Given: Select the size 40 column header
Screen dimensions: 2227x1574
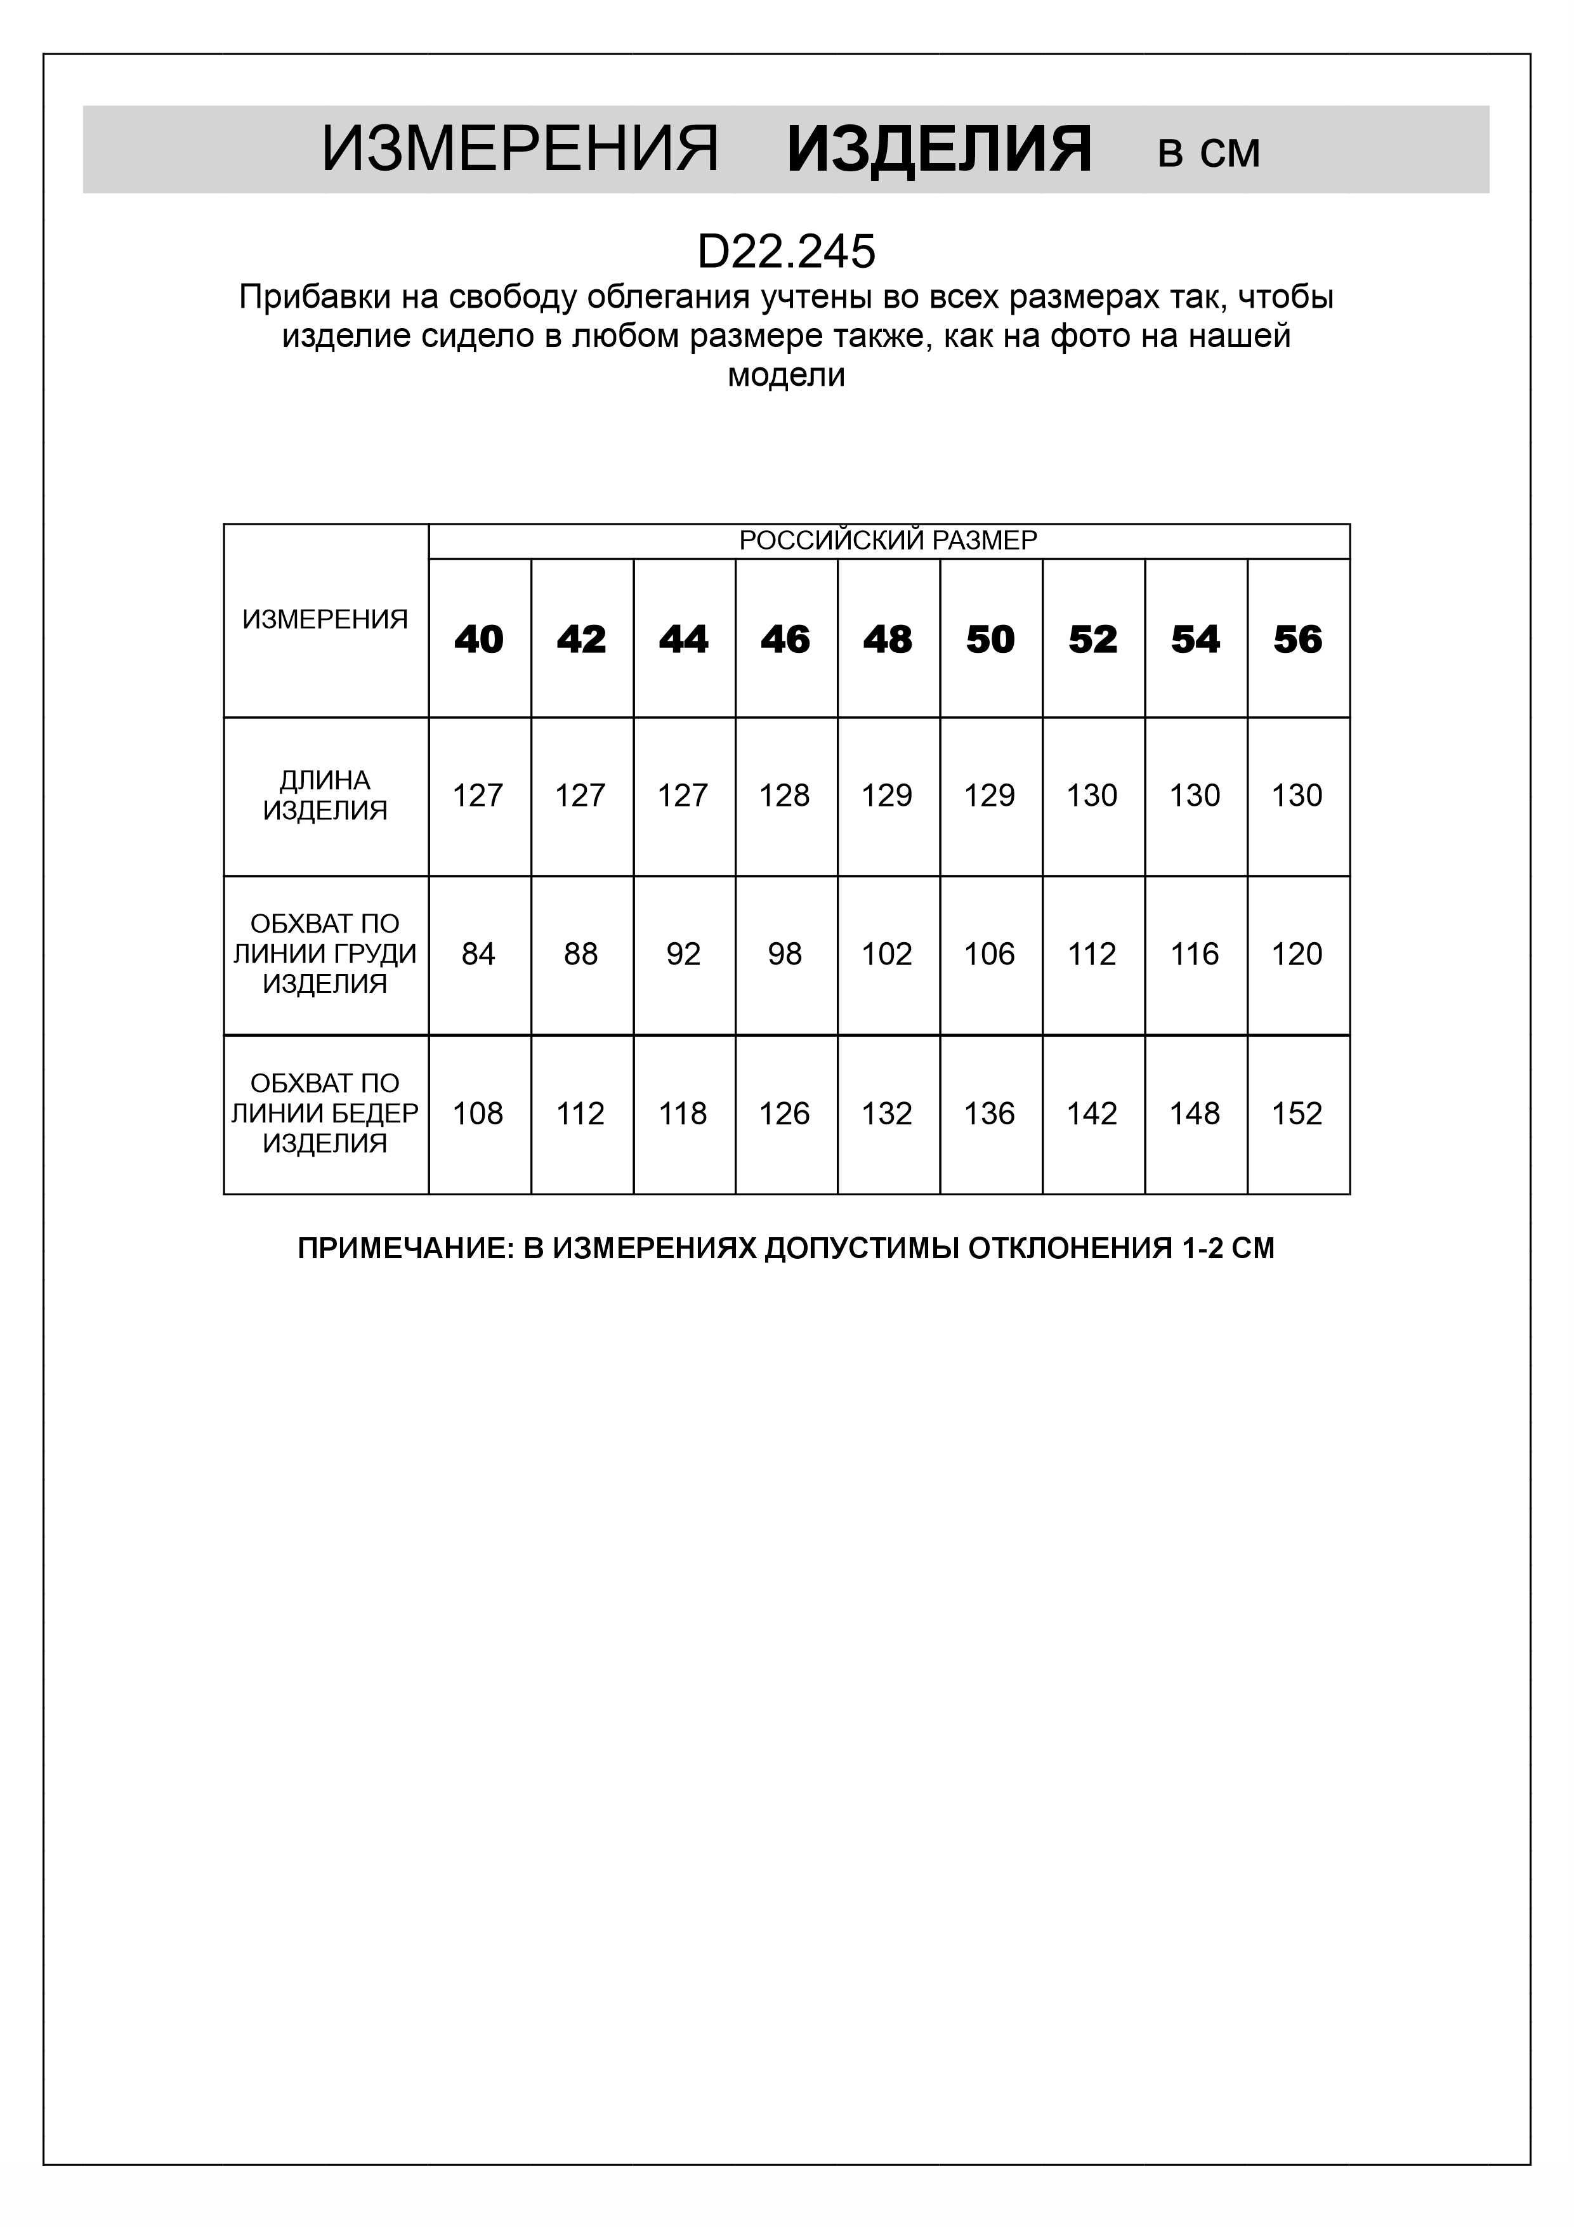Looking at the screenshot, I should point(479,639).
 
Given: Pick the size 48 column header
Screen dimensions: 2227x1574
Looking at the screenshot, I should point(888,639).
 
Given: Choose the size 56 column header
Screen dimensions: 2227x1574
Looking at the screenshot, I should point(1297,639).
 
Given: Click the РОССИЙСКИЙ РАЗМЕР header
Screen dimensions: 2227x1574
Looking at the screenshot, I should point(888,541).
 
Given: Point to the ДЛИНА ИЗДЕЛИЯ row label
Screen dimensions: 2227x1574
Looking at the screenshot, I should point(325,796).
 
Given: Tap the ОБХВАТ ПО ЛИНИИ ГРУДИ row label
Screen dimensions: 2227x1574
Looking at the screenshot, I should point(325,954).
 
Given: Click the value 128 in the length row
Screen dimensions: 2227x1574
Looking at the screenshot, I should point(785,796).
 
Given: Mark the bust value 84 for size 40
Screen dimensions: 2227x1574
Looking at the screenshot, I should point(478,954).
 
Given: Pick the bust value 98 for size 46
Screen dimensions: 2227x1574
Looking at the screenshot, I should point(785,954).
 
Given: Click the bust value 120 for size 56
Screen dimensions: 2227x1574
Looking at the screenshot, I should point(1297,954).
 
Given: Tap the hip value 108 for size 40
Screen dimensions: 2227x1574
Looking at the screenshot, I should point(478,1113).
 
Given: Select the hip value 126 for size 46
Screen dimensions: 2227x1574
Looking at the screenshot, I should point(785,1113).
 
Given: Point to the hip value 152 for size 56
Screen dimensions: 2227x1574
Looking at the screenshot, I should point(1297,1113).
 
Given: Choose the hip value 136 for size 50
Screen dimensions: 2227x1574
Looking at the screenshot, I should point(989,1113).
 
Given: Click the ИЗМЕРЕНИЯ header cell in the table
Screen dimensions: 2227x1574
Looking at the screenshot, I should point(325,619).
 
